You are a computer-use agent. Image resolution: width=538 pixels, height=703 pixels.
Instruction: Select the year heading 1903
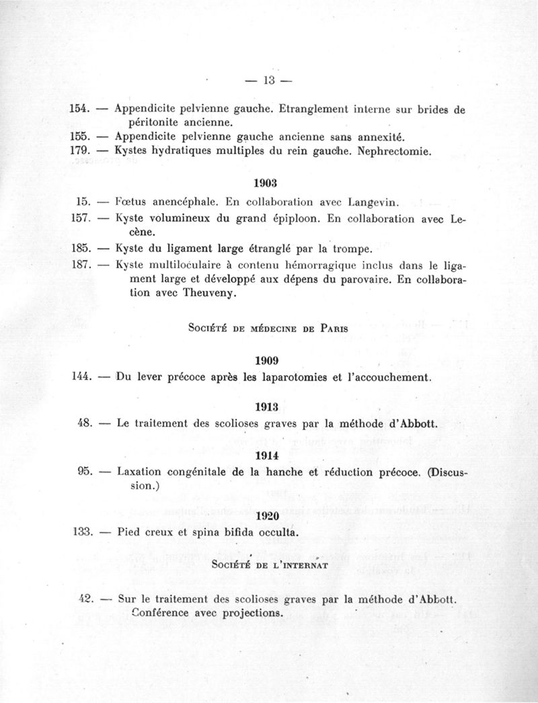(268, 181)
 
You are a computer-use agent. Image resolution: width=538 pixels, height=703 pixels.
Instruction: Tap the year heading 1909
(268, 359)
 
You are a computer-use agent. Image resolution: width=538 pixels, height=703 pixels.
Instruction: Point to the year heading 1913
(268, 406)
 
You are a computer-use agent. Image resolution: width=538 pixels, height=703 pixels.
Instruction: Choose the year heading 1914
(268, 454)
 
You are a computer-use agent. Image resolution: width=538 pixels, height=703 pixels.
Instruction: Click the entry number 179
(81, 152)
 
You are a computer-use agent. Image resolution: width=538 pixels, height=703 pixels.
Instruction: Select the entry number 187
(81, 264)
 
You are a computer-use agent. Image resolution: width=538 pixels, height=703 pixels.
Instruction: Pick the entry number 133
(81, 532)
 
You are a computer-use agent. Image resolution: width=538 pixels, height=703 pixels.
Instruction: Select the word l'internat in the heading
(300, 565)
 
